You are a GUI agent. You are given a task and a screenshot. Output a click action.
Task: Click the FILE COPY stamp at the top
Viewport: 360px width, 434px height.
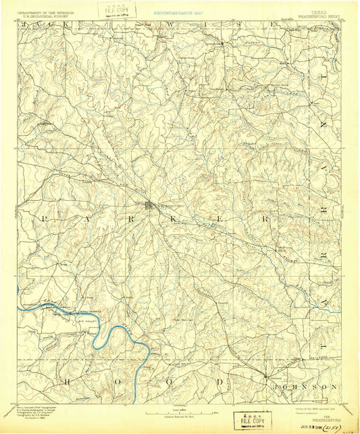(x=116, y=10)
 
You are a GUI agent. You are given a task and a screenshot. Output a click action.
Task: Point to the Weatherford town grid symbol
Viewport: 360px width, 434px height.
(x=150, y=206)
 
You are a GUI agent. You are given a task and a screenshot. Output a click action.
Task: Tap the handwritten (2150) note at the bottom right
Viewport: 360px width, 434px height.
(x=332, y=426)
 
